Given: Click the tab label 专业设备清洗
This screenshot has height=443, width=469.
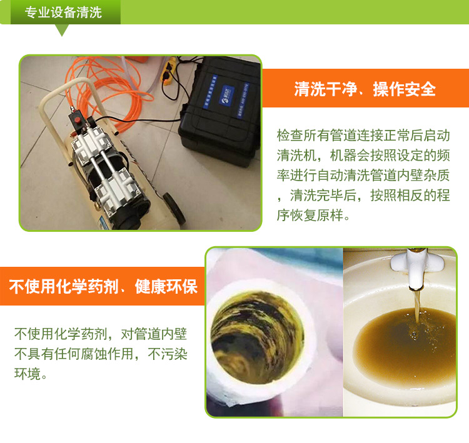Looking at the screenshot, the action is [63, 12].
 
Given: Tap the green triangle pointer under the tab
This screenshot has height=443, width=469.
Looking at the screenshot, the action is [62, 30].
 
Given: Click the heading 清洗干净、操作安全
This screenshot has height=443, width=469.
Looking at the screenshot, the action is [365, 89].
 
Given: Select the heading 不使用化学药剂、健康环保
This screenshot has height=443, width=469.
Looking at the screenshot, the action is [103, 286].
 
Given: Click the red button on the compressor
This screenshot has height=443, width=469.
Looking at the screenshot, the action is [78, 120].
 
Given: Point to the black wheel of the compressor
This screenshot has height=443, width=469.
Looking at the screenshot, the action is [173, 209].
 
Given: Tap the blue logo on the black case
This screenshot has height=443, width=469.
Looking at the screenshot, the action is [227, 95].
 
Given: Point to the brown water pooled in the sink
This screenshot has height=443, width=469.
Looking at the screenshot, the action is [405, 343].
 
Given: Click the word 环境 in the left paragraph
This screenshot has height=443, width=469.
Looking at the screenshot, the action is [28, 374].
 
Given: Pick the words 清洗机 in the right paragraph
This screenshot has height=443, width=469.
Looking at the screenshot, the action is [296, 155].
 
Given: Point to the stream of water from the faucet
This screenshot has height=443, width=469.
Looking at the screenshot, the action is [416, 305].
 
